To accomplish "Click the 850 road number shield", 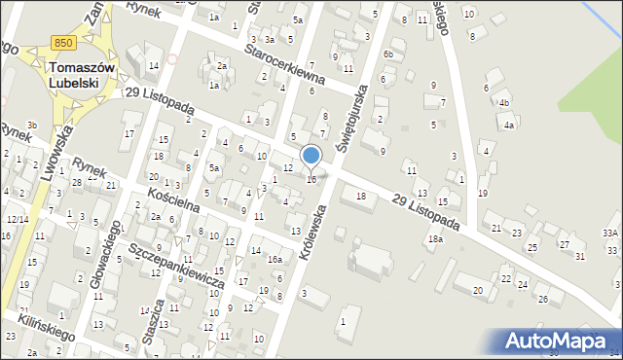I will [x=63, y=43].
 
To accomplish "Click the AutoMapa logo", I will [x=556, y=341].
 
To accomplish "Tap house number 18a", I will [x=436, y=239].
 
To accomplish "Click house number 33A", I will [x=610, y=234].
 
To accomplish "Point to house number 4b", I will [x=503, y=102].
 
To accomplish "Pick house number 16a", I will [x=275, y=260].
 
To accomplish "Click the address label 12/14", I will [x=18, y=220].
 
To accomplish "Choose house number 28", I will [x=76, y=183].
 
